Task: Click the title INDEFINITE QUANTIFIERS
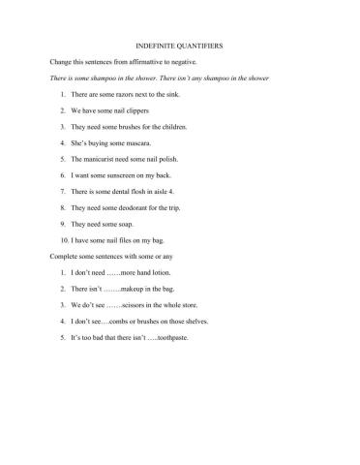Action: (x=181, y=44)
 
